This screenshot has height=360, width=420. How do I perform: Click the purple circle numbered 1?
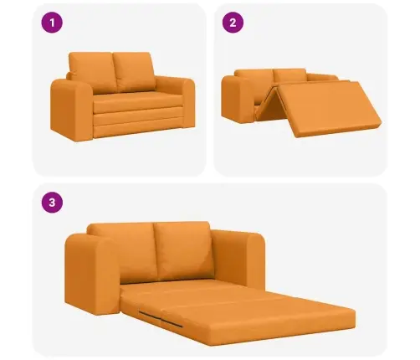(x=52, y=23)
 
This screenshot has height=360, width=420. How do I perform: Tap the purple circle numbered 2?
(x=233, y=23)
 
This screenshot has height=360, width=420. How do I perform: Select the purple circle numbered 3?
(x=52, y=203)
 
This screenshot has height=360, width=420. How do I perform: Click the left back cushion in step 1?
(x=93, y=72)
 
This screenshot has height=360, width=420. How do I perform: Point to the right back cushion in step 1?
(x=135, y=71)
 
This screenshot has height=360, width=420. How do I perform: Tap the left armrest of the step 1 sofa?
(x=71, y=110)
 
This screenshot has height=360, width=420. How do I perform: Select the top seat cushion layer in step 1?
(x=137, y=102)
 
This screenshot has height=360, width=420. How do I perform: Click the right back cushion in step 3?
(x=182, y=249)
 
